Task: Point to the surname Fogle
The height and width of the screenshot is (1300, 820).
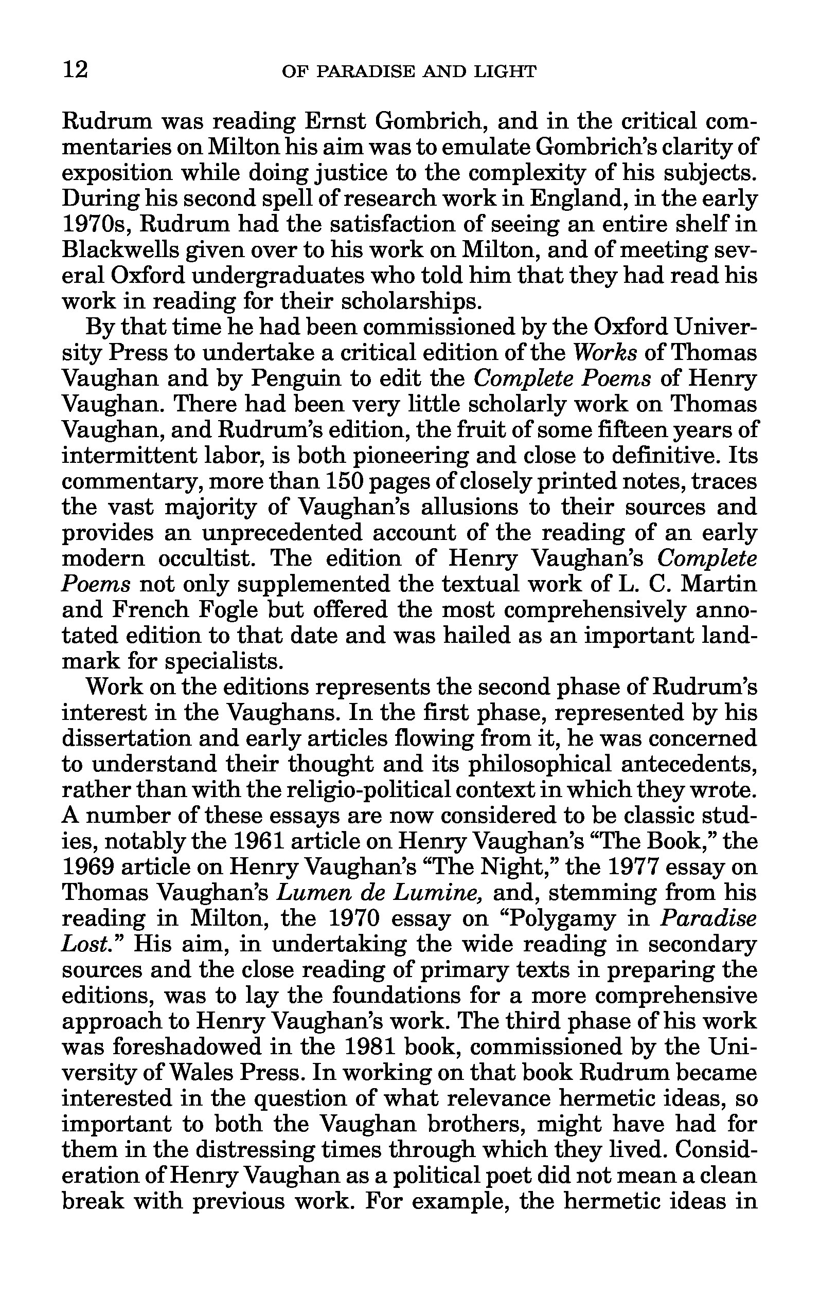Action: tap(230, 609)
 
